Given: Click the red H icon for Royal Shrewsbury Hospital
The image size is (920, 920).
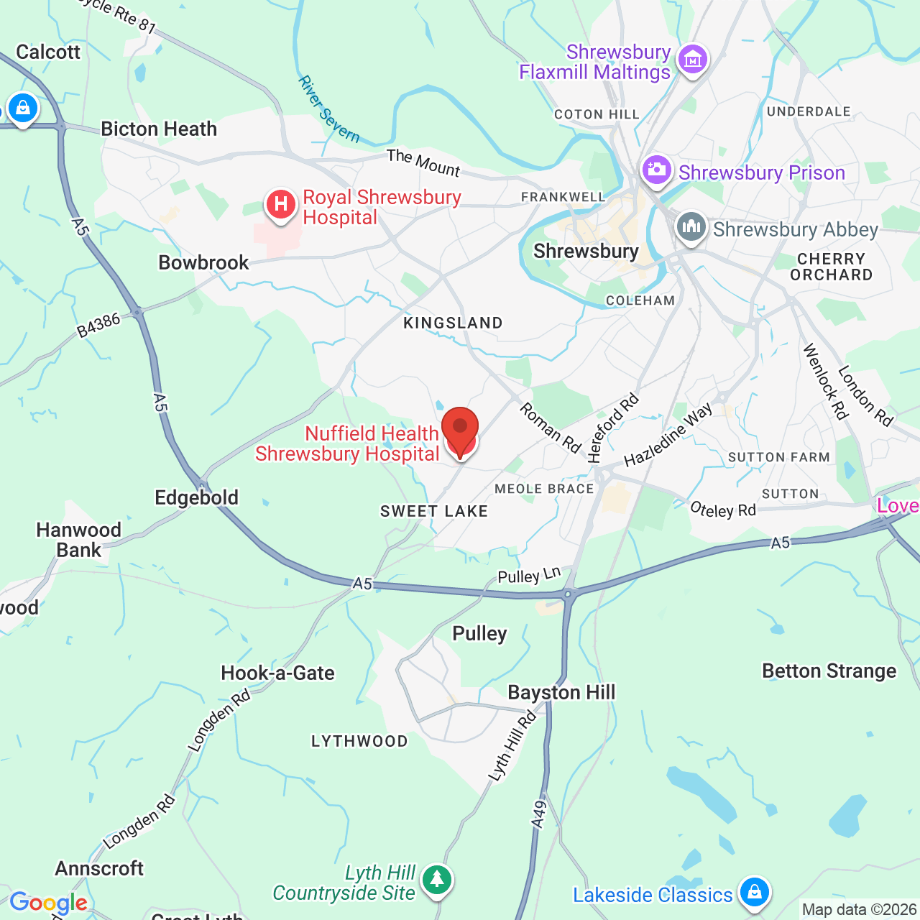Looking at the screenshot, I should [x=281, y=205].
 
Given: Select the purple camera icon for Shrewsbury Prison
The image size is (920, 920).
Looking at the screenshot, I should [x=657, y=170].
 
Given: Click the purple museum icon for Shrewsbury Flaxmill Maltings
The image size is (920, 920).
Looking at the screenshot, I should [x=693, y=60].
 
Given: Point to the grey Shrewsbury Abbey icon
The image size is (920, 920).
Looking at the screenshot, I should [x=691, y=227].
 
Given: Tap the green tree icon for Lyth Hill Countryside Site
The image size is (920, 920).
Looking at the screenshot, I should [x=436, y=879].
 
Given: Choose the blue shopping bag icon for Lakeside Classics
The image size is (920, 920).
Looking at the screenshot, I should [x=754, y=893].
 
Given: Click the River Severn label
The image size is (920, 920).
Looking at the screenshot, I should [x=329, y=109].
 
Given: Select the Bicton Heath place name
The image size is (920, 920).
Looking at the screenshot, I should [x=159, y=129].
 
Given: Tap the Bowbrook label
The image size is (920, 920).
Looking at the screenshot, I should [x=203, y=262].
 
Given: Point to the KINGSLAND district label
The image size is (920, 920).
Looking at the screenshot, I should [x=453, y=323].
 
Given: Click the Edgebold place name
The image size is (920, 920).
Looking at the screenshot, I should [x=196, y=497].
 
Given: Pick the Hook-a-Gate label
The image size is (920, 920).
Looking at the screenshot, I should [x=277, y=673].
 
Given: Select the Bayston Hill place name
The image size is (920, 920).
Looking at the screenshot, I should [x=561, y=692].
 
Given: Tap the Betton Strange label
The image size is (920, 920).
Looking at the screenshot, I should [x=829, y=671].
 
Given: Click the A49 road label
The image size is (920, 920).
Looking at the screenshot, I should [x=539, y=815].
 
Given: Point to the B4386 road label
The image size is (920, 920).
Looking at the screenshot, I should [x=98, y=326].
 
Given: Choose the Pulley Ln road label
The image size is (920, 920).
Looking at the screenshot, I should [x=529, y=576].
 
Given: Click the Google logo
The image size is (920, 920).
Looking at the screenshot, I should [x=48, y=903].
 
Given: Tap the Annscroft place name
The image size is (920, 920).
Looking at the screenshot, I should [x=99, y=868].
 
